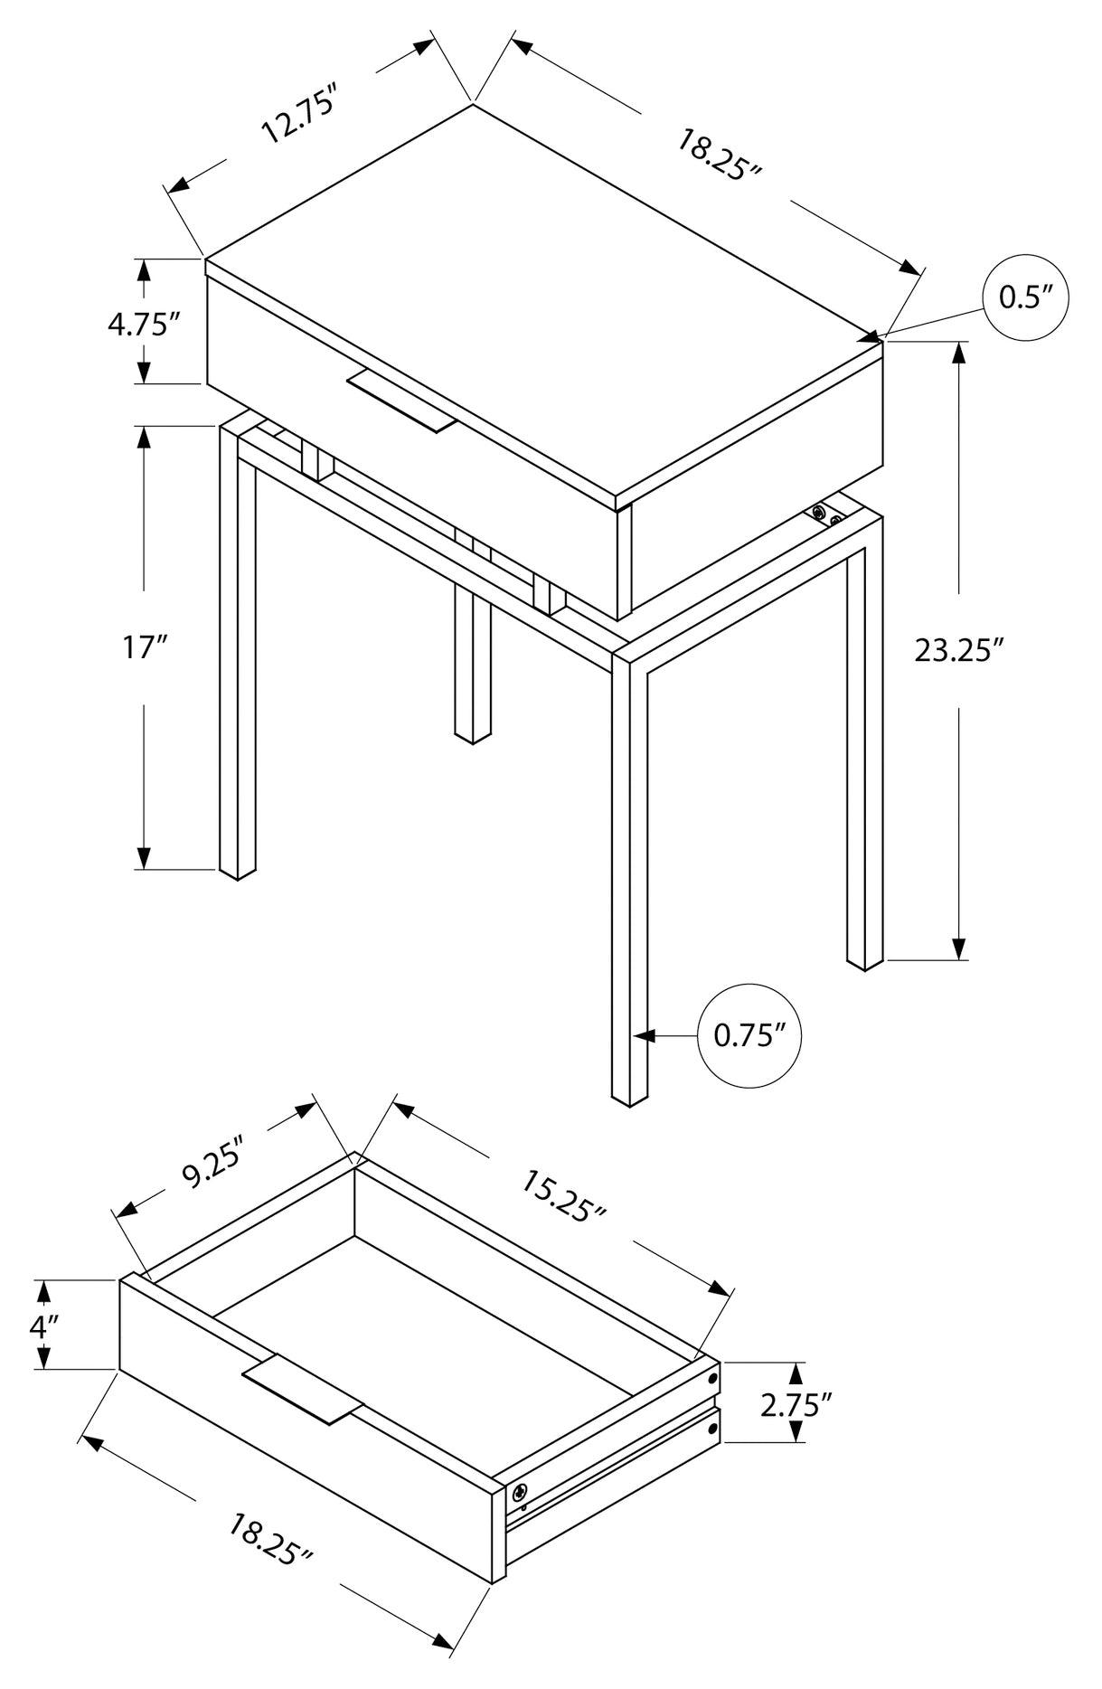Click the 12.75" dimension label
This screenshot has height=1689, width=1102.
298,115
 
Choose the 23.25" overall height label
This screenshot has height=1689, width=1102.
959,650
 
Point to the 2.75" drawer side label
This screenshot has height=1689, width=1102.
796,1404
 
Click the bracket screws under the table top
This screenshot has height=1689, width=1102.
825,514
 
